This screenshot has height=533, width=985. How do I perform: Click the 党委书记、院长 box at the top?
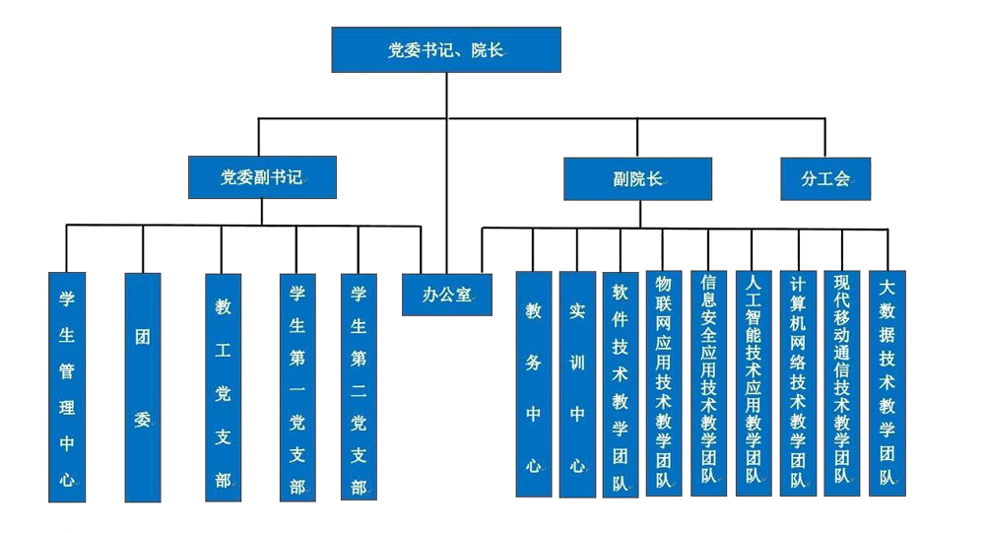click(446, 49)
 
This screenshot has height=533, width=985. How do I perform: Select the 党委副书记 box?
click(261, 178)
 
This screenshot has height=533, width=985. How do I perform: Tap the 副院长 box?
click(637, 179)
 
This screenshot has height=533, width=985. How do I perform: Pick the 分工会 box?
click(825, 178)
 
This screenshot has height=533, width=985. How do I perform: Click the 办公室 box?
click(447, 294)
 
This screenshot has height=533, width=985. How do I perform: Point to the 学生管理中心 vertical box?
click(66, 384)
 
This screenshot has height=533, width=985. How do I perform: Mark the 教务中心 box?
click(533, 384)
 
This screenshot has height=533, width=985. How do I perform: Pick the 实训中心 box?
click(577, 384)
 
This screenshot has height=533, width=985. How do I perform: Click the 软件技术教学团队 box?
click(621, 384)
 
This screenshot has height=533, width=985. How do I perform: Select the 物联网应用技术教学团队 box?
click(664, 384)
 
